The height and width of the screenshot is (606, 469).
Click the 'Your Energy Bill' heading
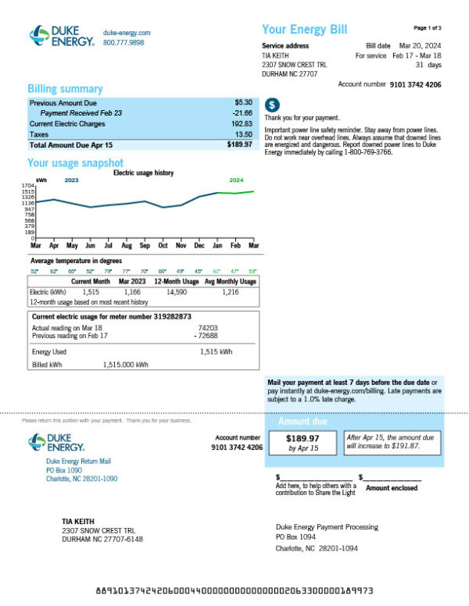(x=304, y=30)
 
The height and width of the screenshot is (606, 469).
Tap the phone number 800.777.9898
(x=124, y=43)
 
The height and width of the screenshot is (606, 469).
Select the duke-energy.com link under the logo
(x=127, y=33)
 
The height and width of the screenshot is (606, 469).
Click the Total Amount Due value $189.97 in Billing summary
(x=239, y=144)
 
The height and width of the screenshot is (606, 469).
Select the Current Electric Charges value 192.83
(x=242, y=123)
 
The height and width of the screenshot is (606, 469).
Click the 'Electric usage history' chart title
(x=144, y=173)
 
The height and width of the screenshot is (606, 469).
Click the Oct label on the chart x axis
(x=163, y=245)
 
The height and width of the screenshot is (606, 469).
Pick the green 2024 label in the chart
(x=236, y=180)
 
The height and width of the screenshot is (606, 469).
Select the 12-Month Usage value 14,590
(x=177, y=291)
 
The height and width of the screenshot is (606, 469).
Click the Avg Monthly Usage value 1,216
(x=230, y=291)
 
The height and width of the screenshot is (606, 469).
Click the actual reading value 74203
(x=208, y=329)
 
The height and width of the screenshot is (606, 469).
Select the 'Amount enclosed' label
(x=392, y=488)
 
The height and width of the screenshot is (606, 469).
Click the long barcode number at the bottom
(x=234, y=590)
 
